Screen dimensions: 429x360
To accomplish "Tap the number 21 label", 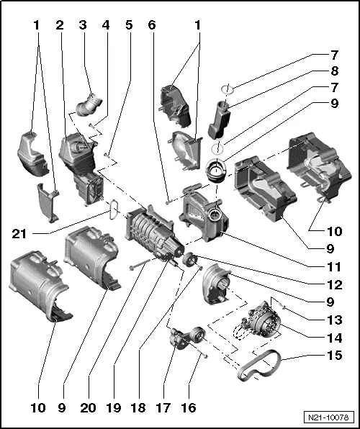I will tap(19, 232).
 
